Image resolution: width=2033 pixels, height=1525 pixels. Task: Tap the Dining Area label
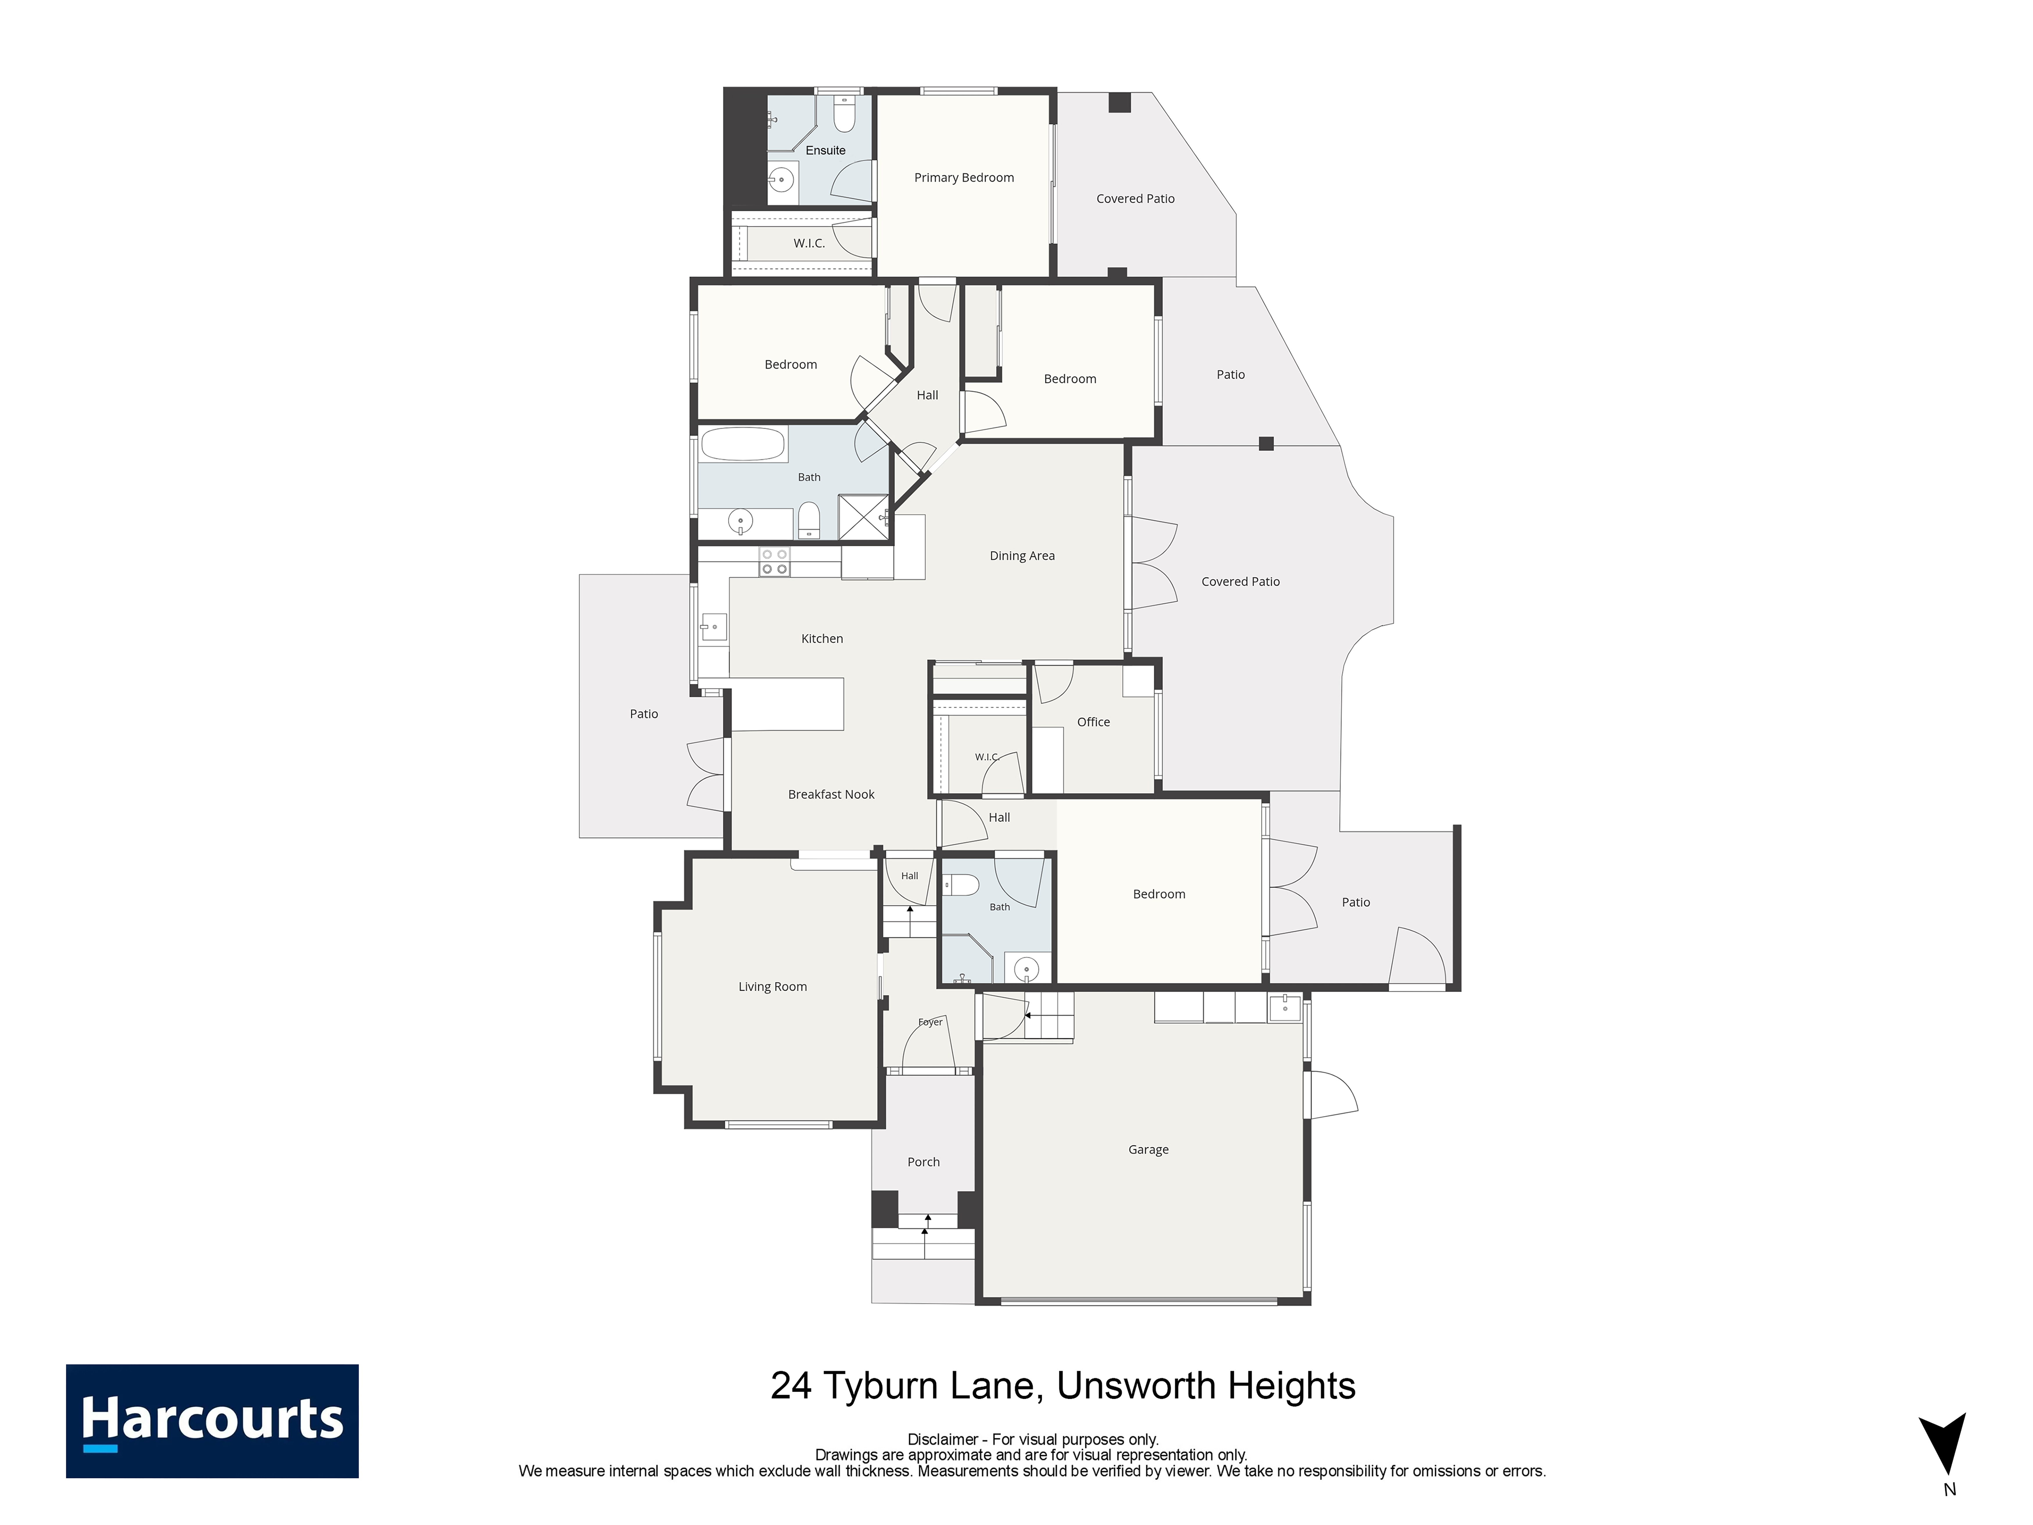[1022, 555]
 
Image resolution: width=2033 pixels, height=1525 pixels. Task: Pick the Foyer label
[930, 1022]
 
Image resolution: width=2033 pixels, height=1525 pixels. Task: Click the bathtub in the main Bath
[743, 444]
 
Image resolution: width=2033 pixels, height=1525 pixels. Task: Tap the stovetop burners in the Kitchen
[774, 562]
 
